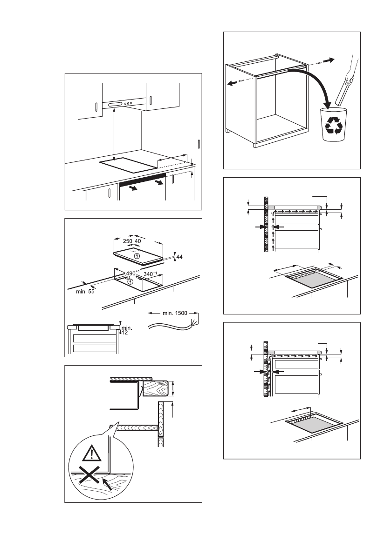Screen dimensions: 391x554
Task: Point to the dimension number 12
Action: click(x=124, y=333)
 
